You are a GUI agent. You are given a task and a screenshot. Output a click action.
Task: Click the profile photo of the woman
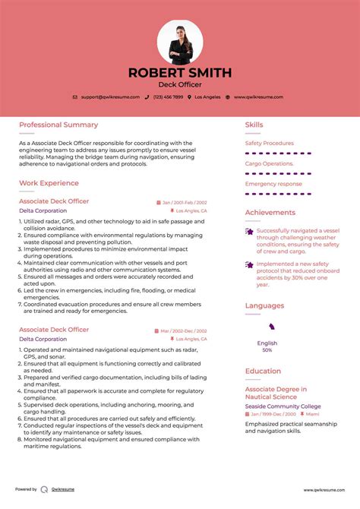(180, 42)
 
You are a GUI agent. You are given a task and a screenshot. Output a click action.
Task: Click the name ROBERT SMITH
(180, 73)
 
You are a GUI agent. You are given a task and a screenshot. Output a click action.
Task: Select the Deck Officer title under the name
(180, 86)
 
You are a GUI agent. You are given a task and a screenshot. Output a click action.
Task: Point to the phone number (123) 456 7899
(169, 97)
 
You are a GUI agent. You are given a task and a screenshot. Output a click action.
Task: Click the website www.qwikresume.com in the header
(258, 97)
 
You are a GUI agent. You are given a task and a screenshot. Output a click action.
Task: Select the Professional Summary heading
(58, 125)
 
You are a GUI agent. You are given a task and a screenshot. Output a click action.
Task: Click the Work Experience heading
(49, 183)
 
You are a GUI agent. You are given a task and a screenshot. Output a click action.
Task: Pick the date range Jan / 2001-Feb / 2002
(184, 203)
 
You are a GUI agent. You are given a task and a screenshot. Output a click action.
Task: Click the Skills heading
(254, 125)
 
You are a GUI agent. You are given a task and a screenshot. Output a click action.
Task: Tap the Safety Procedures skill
(269, 143)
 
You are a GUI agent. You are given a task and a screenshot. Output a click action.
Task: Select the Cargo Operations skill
(269, 163)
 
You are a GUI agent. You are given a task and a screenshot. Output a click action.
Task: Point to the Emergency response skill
(273, 184)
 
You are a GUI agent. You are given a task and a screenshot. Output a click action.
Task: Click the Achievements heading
(270, 213)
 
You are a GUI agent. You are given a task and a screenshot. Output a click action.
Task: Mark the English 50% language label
(267, 346)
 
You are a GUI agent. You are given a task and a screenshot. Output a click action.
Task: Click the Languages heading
(264, 305)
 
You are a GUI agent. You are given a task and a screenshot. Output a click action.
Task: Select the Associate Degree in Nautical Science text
(276, 393)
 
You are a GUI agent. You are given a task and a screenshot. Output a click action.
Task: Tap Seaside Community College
(283, 406)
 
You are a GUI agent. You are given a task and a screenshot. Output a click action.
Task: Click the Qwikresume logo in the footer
(45, 490)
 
